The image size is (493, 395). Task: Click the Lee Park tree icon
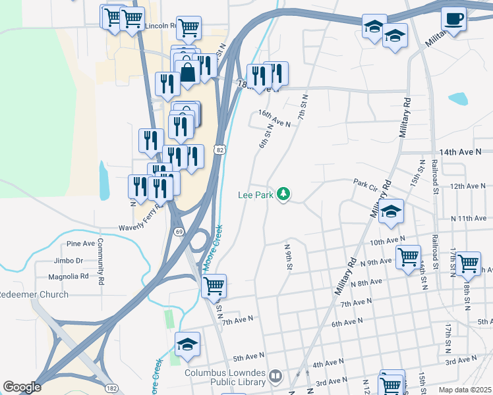pyautogui.click(x=283, y=194)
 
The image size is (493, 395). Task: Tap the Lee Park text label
pyautogui.click(x=256, y=195)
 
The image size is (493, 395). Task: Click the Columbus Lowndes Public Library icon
pyautogui.click(x=275, y=377)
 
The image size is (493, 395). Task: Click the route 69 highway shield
pyautogui.click(x=179, y=232)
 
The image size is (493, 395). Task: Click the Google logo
pyautogui.click(x=22, y=386)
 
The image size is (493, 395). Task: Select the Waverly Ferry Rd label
pyautogui.click(x=140, y=227)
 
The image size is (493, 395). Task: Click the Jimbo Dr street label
pyautogui.click(x=70, y=261)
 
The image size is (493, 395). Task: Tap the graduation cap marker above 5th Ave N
pyautogui.click(x=187, y=344)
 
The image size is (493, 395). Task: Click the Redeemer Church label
pyautogui.click(x=33, y=294)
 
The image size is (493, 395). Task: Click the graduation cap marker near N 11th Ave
pyautogui.click(x=391, y=211)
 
